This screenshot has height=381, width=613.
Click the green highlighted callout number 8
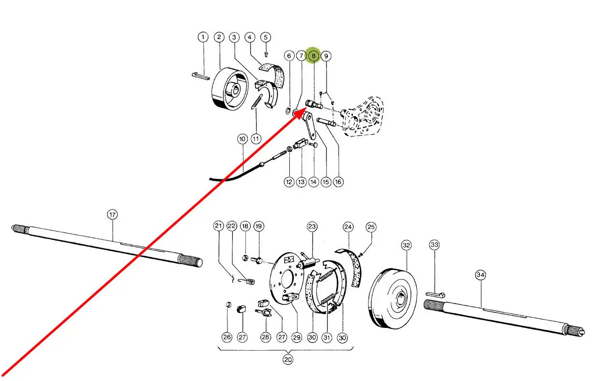click(x=314, y=56)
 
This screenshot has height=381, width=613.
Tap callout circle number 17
click(x=112, y=214)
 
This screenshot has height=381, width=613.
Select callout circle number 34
click(x=480, y=275)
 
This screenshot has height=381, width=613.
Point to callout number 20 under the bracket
click(x=288, y=359)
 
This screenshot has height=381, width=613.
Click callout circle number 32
click(x=406, y=245)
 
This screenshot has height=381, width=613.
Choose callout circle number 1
click(x=203, y=37)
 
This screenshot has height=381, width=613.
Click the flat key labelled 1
click(x=200, y=75)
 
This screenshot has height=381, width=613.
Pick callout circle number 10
click(x=242, y=139)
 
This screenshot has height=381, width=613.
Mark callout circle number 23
click(x=312, y=227)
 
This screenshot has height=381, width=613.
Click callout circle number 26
click(x=227, y=338)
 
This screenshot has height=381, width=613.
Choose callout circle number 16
click(x=338, y=182)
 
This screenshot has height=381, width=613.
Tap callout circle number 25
click(x=371, y=227)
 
